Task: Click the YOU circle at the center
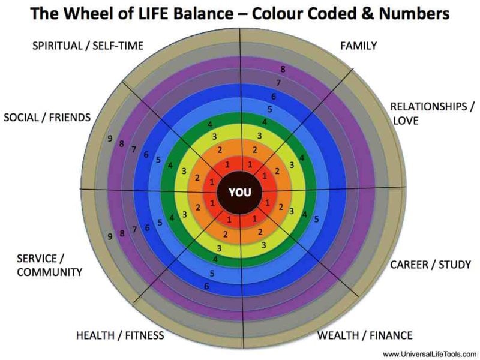[240, 193]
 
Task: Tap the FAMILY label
[358, 46]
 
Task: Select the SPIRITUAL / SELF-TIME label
[88, 46]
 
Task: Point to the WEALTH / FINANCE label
[365, 335]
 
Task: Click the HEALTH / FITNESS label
[120, 335]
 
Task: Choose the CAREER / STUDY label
[431, 265]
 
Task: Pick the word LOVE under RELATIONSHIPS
[406, 121]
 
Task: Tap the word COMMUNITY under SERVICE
[49, 272]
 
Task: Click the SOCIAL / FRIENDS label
[47, 117]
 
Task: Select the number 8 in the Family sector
[283, 70]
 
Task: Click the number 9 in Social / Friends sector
[110, 139]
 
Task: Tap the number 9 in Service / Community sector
[110, 237]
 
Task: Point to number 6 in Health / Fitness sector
[206, 286]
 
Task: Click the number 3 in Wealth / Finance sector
[264, 245]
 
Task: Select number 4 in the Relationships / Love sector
[302, 158]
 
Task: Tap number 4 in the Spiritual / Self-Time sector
[209, 124]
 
